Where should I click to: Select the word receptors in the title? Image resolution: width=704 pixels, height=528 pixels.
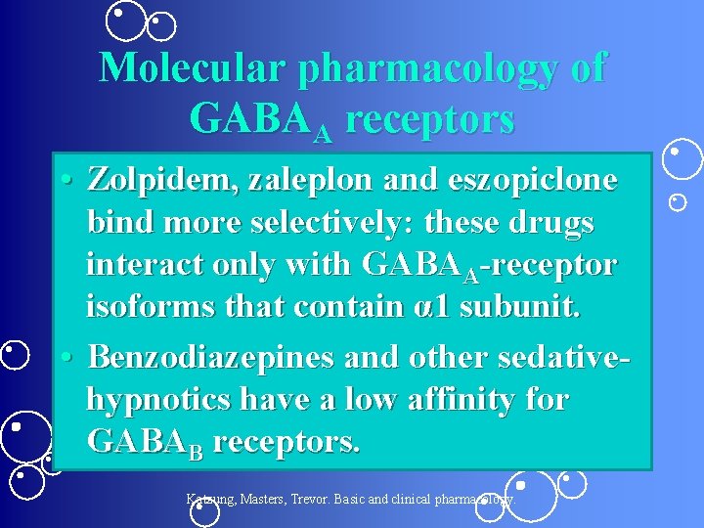click(x=430, y=119)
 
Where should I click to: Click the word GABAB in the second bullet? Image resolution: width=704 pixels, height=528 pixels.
click(x=145, y=442)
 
